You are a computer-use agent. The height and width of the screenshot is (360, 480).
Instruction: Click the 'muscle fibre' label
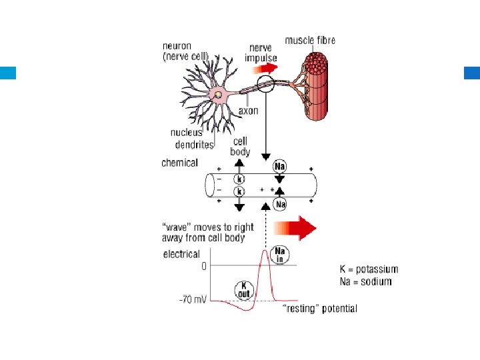[x=310, y=41]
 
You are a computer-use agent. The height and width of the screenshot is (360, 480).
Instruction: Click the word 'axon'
[x=248, y=111]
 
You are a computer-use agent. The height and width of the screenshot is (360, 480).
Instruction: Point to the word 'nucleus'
[x=186, y=133]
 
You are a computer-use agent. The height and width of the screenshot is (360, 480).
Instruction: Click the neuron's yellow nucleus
[x=217, y=97]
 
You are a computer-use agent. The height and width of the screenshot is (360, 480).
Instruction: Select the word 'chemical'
[x=179, y=163]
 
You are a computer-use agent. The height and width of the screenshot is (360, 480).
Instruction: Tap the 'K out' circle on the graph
[x=244, y=289]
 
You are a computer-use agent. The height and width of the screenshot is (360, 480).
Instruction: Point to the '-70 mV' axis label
[x=193, y=300]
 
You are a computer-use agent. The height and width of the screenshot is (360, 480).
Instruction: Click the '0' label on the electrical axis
[x=204, y=265]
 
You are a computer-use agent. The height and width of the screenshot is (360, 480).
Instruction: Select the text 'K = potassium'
[x=369, y=270]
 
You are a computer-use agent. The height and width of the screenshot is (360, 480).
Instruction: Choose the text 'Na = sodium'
[x=366, y=281]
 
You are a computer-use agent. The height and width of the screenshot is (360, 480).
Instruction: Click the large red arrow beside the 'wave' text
[x=297, y=228]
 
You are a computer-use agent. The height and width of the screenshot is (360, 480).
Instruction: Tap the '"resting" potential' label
[x=320, y=309]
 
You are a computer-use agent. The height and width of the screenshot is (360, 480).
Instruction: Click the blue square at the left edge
[x=8, y=73]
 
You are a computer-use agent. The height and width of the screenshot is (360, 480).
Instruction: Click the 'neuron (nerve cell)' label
[x=186, y=51]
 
